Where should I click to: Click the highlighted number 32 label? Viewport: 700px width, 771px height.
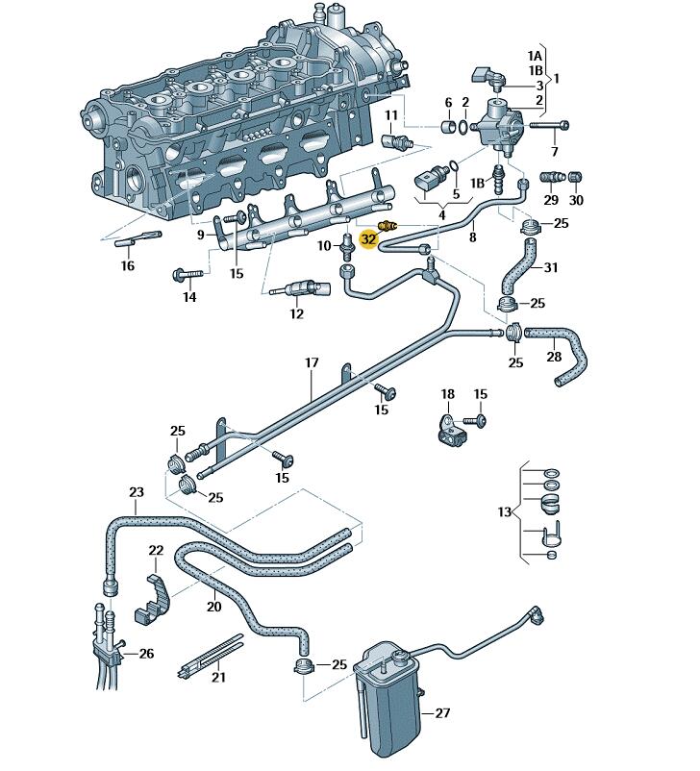(369, 239)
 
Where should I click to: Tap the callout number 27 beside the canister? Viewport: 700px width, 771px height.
(442, 713)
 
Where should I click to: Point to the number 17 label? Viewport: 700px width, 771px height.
(312, 363)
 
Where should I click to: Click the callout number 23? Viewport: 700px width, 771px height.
(137, 493)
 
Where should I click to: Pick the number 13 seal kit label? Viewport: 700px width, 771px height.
(506, 512)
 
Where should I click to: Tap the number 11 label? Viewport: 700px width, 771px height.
(391, 115)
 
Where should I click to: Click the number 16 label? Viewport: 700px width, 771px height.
(128, 266)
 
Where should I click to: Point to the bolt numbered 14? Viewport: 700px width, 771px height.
(186, 276)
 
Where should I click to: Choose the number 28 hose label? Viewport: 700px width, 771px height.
(554, 357)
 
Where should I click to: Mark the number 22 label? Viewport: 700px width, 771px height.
(156, 550)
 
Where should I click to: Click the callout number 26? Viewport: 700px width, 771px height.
(146, 654)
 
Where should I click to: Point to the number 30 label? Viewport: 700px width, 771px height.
(576, 200)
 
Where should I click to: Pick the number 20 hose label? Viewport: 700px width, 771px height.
(213, 607)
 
